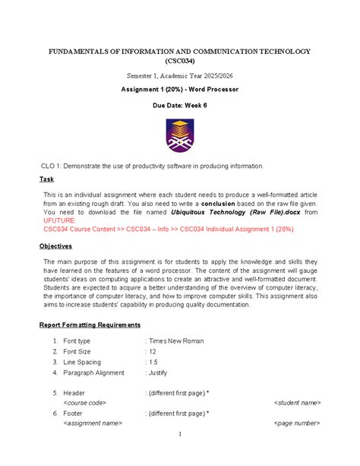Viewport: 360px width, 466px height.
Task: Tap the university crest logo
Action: [180, 135]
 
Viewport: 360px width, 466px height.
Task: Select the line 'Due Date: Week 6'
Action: [180, 107]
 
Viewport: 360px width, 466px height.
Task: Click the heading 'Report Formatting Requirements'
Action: [89, 325]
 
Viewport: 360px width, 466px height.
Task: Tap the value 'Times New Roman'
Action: [176, 341]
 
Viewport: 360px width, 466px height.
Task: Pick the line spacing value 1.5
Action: [153, 363]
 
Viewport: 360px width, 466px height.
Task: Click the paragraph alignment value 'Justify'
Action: [157, 373]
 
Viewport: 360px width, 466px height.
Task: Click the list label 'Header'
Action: [74, 392]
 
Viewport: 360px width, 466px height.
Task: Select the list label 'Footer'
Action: [73, 413]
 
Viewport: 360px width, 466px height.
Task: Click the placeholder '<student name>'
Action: [297, 402]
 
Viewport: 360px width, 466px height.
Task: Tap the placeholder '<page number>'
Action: [297, 423]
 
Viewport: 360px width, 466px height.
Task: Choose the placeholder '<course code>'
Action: [84, 402]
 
